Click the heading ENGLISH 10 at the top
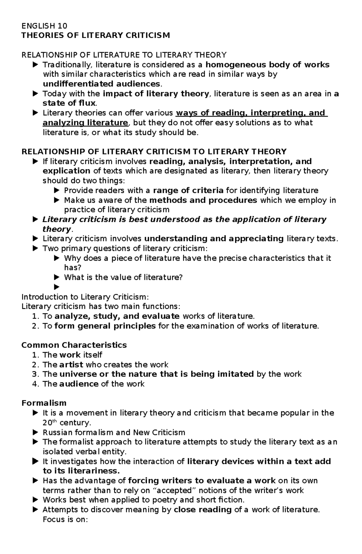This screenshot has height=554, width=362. [44, 26]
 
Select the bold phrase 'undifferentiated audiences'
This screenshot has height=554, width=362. [101, 84]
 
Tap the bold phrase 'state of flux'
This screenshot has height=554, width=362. [69, 103]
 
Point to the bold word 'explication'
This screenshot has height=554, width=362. [66, 171]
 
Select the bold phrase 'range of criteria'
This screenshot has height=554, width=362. [188, 190]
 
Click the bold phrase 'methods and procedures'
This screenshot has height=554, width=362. [203, 200]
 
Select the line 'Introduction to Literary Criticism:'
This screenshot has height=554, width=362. [85, 296]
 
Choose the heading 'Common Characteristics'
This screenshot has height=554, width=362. [74, 345]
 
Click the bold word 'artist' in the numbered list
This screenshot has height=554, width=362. [71, 364]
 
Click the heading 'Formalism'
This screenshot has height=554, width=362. [44, 403]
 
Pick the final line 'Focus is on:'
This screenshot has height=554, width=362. [65, 519]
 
